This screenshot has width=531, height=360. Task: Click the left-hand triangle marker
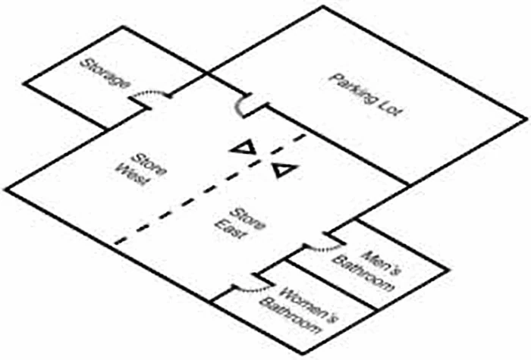[x=244, y=149]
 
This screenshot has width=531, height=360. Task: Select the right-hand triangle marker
[x=284, y=170]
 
